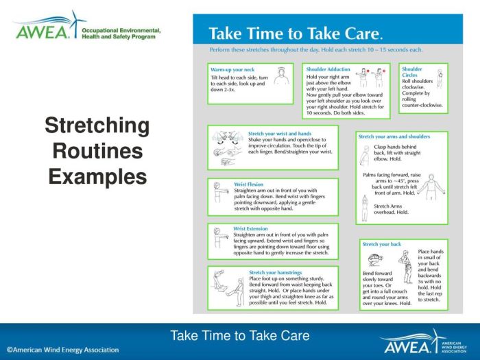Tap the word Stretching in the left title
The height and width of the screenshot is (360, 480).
(x=97, y=126)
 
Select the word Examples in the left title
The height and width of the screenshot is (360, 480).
(x=97, y=176)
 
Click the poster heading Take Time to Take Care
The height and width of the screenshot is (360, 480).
(x=295, y=34)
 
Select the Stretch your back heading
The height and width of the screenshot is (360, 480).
(x=381, y=244)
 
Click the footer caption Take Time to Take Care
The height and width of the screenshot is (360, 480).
(x=240, y=336)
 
